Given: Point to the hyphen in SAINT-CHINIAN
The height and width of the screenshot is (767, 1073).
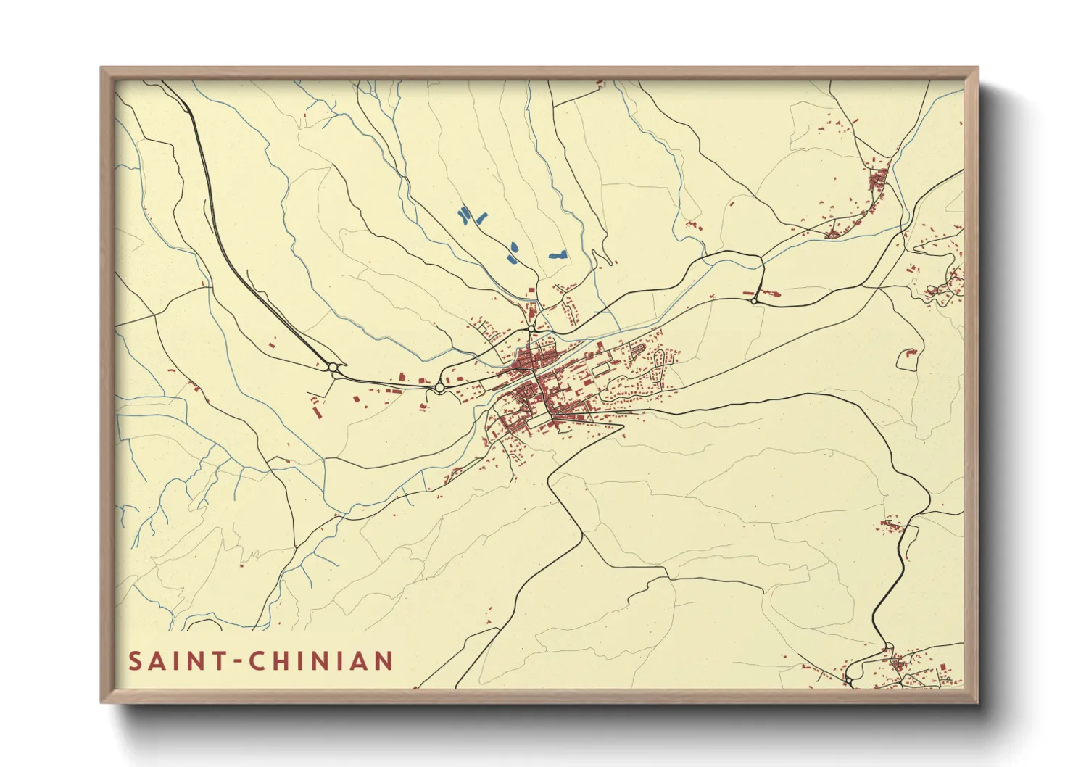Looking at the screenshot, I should click(239, 662).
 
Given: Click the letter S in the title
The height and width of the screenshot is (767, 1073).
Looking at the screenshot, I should click(136, 661).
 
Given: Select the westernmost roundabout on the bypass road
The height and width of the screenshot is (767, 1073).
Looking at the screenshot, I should click(333, 368).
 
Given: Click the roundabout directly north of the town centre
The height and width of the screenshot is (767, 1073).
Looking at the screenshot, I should click(531, 329).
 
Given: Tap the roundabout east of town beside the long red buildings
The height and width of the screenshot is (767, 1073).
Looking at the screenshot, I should click(755, 300).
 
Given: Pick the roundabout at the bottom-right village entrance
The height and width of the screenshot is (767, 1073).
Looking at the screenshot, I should click(847, 681).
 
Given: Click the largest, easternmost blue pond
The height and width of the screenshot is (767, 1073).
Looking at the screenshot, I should click(558, 254).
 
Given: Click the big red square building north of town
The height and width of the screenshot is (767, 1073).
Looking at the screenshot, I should click(530, 291).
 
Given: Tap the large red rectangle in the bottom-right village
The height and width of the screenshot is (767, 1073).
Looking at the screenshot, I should click(942, 666).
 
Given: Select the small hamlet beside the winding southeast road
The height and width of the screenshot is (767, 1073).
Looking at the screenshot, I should click(892, 524).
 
